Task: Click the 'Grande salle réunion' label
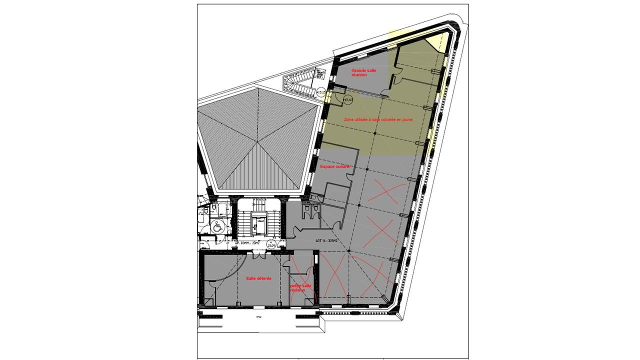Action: click(x=363, y=73)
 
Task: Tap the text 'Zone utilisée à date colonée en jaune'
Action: click(x=378, y=120)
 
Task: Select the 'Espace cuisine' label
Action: click(x=334, y=166)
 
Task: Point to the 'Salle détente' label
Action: click(x=258, y=278)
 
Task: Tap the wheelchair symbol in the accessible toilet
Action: click(x=217, y=226)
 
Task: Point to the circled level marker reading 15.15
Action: click(x=321, y=92)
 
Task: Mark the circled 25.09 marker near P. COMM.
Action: click(x=271, y=245)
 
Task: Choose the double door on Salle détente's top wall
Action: click(x=259, y=255)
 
